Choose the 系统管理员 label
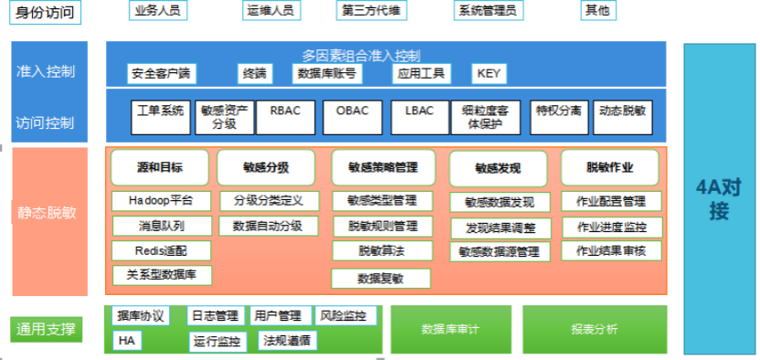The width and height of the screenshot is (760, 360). click(486, 11)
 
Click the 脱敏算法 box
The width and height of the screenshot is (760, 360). click(381, 250)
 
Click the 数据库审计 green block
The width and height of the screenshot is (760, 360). click(450, 329)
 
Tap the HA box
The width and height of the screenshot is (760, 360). click(125, 340)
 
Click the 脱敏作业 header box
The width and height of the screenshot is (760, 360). click(609, 168)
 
